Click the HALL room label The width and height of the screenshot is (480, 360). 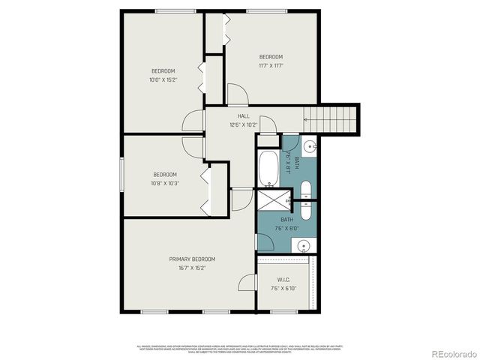[244, 116]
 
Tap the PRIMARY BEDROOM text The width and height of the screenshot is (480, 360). [187, 259]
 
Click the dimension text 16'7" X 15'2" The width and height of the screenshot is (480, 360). [187, 267]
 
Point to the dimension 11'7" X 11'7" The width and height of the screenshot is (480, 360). [271, 65]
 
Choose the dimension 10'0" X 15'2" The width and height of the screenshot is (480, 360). [162, 79]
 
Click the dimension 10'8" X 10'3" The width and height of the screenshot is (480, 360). [165, 182]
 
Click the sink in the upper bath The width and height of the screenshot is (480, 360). [310, 145]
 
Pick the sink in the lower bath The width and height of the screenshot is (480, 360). [302, 244]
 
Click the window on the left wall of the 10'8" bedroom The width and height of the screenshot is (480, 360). [122, 177]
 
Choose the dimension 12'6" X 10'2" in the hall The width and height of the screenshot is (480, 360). [244, 124]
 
